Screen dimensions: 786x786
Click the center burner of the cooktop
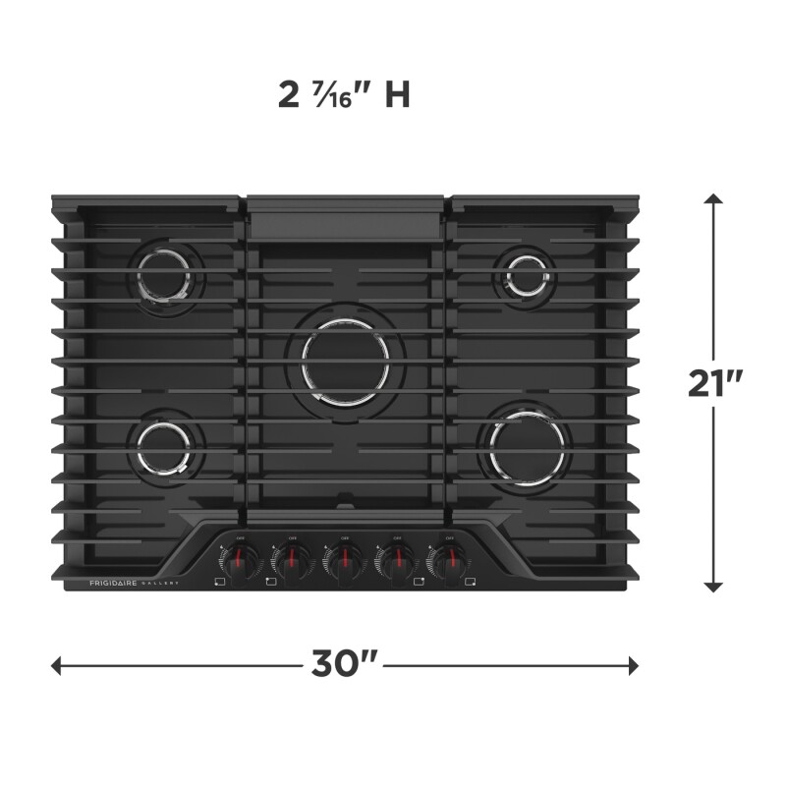click(351, 361)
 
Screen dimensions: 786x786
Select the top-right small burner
click(527, 273)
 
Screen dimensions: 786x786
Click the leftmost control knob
click(239, 561)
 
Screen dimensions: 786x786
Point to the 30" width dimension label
click(344, 665)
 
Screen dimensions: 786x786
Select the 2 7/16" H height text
click(343, 95)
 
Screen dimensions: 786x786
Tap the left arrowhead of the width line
click(58, 665)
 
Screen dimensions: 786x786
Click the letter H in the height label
click(396, 95)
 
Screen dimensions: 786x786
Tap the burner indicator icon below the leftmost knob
click(219, 583)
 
